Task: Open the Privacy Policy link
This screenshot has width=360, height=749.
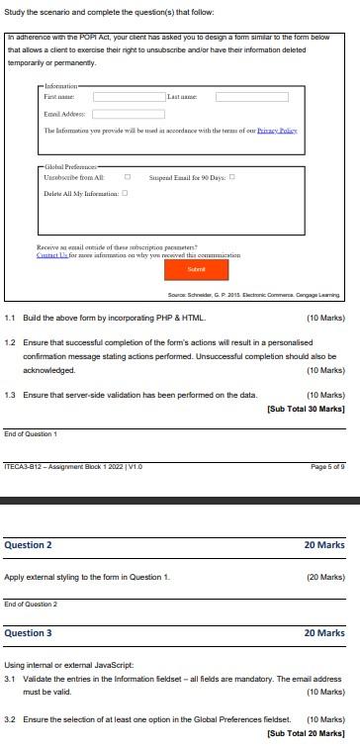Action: pos(277,131)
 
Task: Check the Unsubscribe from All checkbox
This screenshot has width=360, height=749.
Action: pos(127,177)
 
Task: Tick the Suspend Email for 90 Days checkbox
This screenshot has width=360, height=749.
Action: pos(231,177)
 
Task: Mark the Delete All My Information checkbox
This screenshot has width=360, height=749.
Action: pos(125,193)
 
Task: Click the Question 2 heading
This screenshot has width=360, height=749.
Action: pos(29,544)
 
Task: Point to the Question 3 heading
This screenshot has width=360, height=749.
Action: pos(29,632)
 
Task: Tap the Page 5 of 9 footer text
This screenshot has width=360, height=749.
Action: pos(327,466)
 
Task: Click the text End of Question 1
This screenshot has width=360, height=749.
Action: pos(31,434)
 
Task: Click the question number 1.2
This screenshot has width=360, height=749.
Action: pos(10,343)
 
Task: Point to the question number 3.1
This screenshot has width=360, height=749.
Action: pos(10,680)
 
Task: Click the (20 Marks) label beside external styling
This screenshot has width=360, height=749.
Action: pos(325,576)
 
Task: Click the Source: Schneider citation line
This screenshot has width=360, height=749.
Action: pos(254,295)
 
